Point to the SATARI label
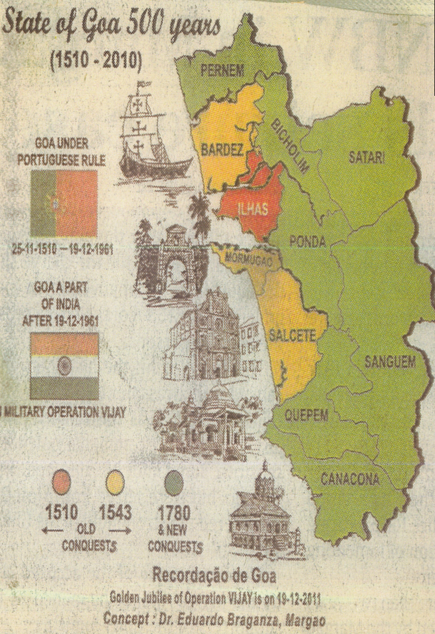[x=366, y=158]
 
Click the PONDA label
[x=308, y=242]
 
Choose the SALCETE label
[x=292, y=336]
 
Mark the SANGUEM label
[x=389, y=362]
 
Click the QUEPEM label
[x=307, y=415]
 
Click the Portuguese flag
[x=64, y=203]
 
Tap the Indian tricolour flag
[x=65, y=366]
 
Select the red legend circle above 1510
[x=60, y=483]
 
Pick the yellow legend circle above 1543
[x=115, y=483]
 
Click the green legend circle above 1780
[x=173, y=483]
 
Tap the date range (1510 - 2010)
[x=96, y=62]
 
